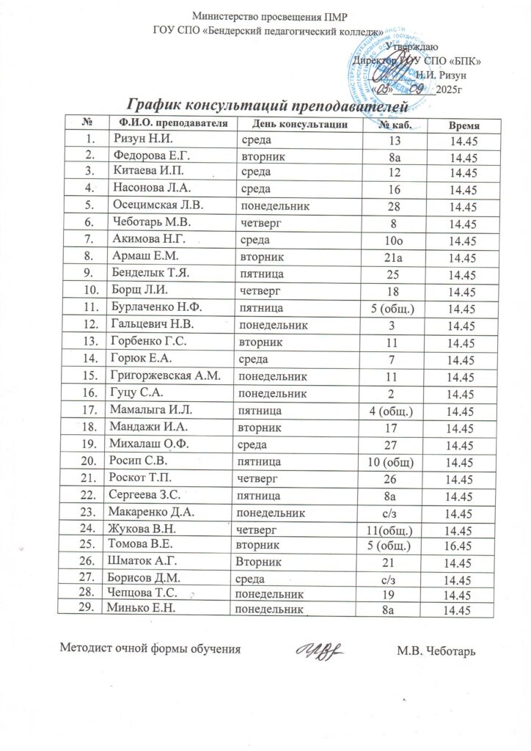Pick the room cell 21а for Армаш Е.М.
point(395,258)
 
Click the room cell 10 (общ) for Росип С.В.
point(395,463)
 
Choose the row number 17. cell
point(90,410)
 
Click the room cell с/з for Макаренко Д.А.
point(395,514)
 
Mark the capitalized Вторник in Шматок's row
point(254,563)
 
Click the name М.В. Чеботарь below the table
point(436,651)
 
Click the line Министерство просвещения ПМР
point(268,16)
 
